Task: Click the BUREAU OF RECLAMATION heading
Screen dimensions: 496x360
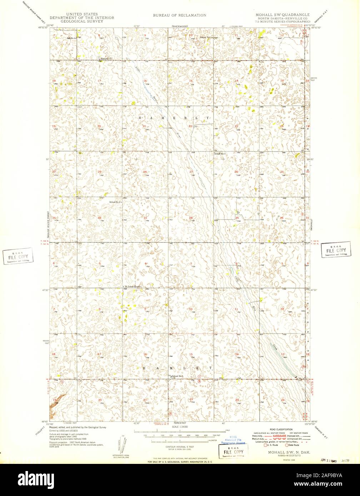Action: tap(180, 15)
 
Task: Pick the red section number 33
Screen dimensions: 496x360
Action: tap(145, 218)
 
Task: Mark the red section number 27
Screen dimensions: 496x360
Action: tap(191, 172)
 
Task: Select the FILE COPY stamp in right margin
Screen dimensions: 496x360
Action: tap(336, 250)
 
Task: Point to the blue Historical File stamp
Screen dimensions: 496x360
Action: tap(233, 441)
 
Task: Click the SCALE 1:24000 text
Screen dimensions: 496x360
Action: tap(180, 427)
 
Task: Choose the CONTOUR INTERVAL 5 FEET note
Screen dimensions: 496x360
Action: tap(180, 447)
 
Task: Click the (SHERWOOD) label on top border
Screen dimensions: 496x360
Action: tap(180, 26)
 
